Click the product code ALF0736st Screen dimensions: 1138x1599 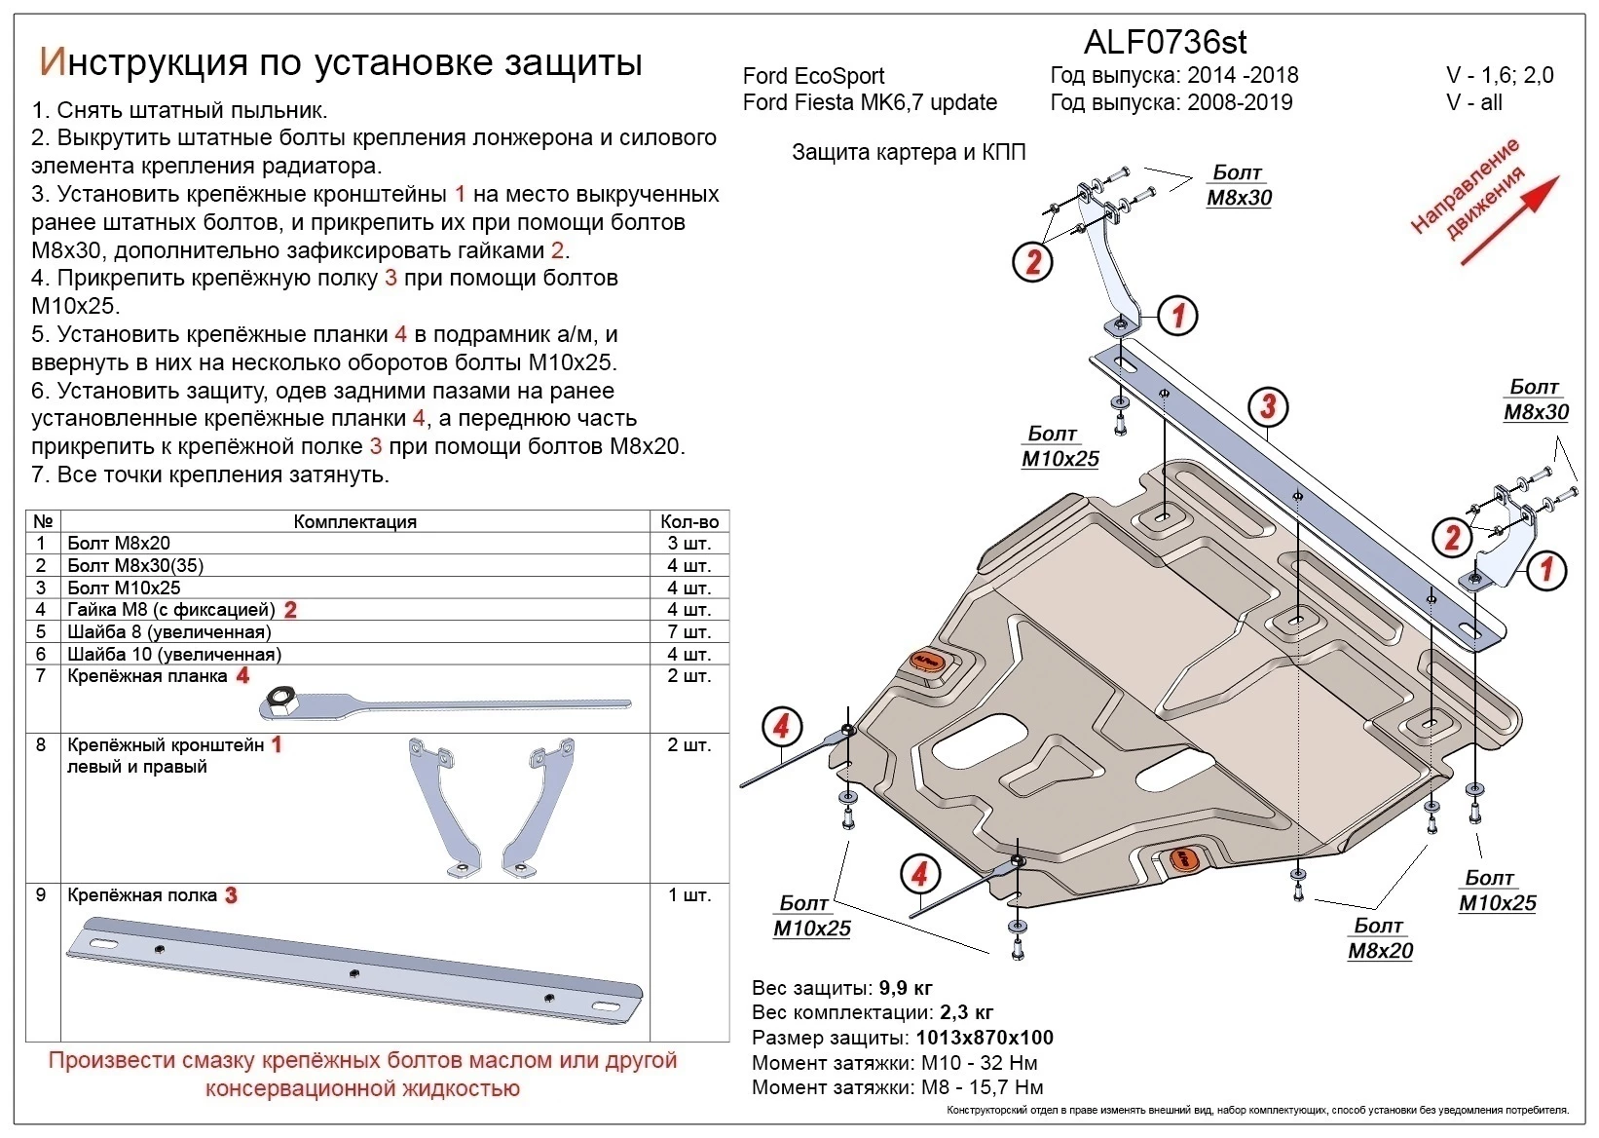[x=1165, y=42]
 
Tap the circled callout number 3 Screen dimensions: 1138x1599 [x=1267, y=406]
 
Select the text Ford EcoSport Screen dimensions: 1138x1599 [x=813, y=76]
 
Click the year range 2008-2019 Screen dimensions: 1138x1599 [x=1240, y=102]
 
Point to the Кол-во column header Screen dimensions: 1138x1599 [x=688, y=521]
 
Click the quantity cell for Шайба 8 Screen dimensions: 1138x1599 [x=688, y=631]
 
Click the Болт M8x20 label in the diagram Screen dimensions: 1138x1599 [x=1380, y=938]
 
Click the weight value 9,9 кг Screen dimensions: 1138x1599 [x=906, y=987]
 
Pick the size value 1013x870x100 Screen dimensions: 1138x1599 [x=985, y=1038]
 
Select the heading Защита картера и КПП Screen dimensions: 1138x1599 [x=908, y=152]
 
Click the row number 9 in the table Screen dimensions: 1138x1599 [x=41, y=894]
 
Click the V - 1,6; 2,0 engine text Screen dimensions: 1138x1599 [x=1500, y=76]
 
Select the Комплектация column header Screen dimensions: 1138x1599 [x=354, y=521]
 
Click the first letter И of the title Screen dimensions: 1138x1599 [x=52, y=61]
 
